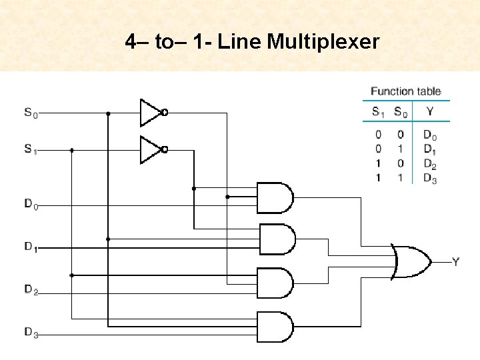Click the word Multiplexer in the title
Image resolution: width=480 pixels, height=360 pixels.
click(323, 43)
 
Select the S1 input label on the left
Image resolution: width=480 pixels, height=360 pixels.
click(31, 151)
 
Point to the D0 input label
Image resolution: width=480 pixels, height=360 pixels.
click(31, 205)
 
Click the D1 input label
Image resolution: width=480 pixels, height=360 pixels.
click(31, 247)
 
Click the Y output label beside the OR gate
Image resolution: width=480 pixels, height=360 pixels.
click(455, 262)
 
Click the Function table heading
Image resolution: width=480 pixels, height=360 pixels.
click(405, 91)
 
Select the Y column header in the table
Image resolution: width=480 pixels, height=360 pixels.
click(430, 111)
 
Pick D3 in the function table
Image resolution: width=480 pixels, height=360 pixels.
click(430, 178)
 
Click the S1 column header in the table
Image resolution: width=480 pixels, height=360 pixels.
click(378, 111)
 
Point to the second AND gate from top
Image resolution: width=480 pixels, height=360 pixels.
click(276, 239)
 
